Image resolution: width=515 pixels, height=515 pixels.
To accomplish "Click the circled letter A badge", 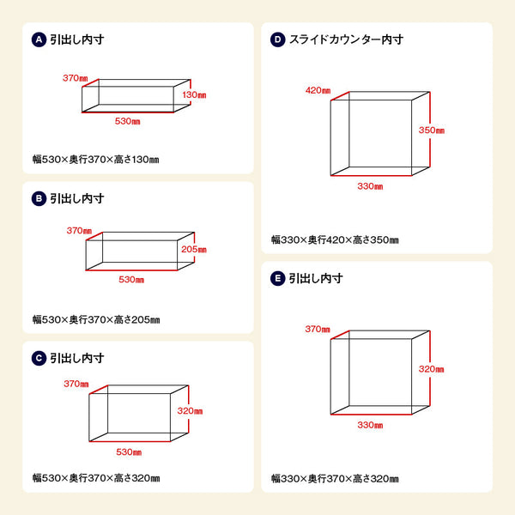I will pyautogui.click(x=38, y=39).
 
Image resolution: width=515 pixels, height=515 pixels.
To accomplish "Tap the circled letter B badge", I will pyautogui.click(x=38, y=198).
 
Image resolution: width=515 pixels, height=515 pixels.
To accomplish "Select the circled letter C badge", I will pyautogui.click(x=38, y=358).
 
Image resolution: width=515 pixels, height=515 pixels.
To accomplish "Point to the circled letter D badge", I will pyautogui.click(x=277, y=39).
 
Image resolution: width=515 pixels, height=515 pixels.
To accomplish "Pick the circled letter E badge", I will pyautogui.click(x=277, y=278).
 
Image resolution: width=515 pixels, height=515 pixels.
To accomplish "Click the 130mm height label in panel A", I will pyautogui.click(x=194, y=94).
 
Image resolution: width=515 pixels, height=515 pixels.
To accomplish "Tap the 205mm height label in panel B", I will pyautogui.click(x=195, y=250).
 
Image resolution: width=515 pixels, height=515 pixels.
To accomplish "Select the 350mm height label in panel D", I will pyautogui.click(x=432, y=130).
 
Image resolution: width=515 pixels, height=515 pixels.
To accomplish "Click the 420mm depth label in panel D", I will pyautogui.click(x=317, y=90).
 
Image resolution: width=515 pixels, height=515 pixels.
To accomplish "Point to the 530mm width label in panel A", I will pyautogui.click(x=128, y=121).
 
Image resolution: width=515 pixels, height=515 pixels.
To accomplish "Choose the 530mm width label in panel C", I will pyautogui.click(x=129, y=451).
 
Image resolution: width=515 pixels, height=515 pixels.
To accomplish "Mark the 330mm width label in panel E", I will pyautogui.click(x=370, y=425).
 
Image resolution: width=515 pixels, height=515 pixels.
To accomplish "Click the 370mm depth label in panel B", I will pyautogui.click(x=79, y=231).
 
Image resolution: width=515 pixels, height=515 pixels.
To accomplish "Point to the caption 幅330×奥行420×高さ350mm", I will pyautogui.click(x=335, y=240).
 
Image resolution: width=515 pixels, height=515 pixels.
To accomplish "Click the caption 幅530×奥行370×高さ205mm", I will pyautogui.click(x=96, y=320).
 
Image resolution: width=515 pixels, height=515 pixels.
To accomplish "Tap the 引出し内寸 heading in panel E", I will pyautogui.click(x=316, y=278).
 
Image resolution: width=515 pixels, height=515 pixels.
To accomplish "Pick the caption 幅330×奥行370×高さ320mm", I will pyautogui.click(x=335, y=479).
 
